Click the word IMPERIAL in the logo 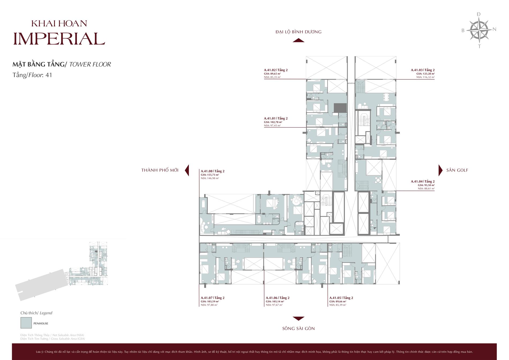[59, 39]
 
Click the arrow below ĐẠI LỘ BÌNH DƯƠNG [298, 40]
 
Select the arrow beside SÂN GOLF [440, 170]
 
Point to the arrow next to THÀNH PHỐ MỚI [187, 170]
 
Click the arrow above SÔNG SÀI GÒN [298, 318]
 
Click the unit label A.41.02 [270, 70]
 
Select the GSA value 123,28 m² [425, 73]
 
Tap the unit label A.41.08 [207, 171]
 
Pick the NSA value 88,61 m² [426, 189]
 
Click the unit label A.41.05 [335, 298]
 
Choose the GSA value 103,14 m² [275, 301]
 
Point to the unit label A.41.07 [207, 298]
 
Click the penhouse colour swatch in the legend [26, 323]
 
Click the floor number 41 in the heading [49, 75]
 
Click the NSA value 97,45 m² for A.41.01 [272, 125]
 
